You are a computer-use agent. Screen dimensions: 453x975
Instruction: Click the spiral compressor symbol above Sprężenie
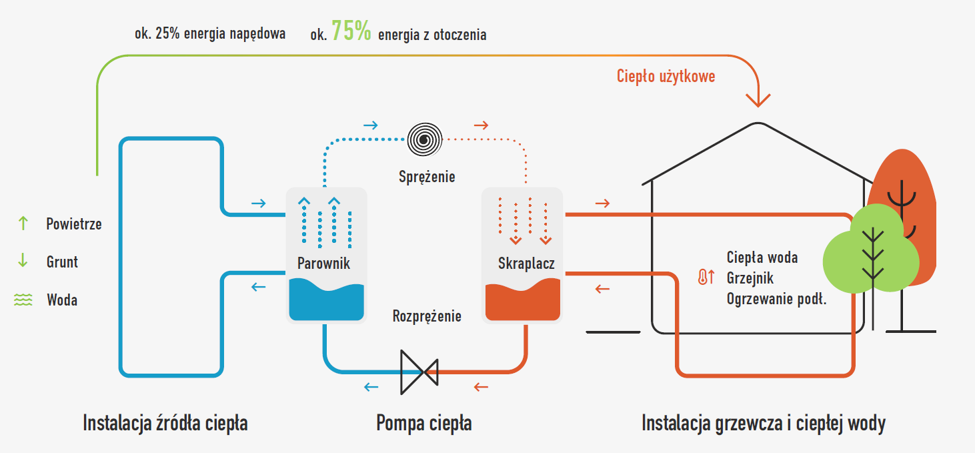(425, 139)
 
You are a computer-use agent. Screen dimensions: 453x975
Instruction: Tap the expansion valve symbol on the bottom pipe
(419, 372)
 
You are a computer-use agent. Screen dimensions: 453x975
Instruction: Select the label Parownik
(323, 264)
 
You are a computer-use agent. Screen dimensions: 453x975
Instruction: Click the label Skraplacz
(526, 264)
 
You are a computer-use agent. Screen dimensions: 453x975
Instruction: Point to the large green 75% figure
(351, 31)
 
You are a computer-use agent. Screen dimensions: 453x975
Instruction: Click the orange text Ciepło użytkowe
(666, 76)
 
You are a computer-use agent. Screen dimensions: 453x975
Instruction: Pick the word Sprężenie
(427, 177)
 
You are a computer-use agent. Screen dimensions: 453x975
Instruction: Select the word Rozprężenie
(427, 316)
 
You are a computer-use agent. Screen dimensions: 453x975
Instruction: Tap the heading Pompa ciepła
(424, 423)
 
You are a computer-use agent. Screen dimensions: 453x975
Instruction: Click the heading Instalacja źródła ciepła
(165, 423)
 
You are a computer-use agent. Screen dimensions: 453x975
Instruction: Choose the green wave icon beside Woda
(23, 300)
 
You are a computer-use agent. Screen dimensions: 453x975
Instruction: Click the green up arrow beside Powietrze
(23, 223)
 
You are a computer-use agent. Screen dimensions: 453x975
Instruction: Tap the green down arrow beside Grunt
(23, 262)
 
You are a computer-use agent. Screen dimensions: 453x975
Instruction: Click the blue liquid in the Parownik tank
(326, 304)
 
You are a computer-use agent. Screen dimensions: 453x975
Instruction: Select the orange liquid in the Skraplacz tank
(522, 304)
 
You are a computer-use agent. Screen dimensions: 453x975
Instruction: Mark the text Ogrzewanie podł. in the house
(777, 300)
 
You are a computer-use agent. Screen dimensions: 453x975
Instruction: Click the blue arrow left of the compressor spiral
(370, 125)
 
